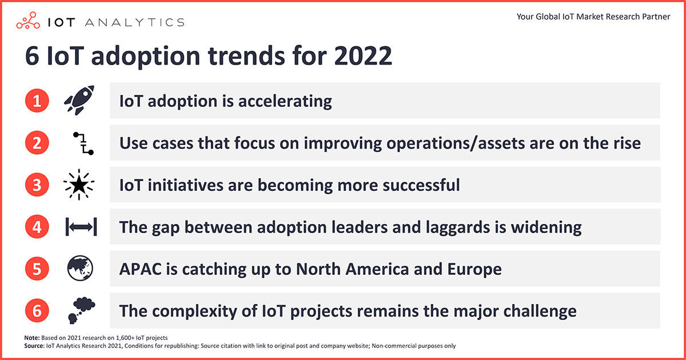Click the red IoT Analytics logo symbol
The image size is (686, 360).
[28, 21]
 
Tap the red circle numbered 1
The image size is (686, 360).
[37, 101]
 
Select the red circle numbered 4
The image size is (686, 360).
[37, 226]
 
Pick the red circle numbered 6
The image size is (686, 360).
[37, 311]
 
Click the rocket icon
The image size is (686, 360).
[79, 100]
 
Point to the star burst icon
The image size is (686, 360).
[79, 185]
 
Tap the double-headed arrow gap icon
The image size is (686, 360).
[81, 227]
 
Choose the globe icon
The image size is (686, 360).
[80, 268]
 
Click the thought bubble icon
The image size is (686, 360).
[81, 310]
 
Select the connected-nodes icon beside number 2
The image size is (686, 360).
[83, 143]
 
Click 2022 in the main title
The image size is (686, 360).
[363, 56]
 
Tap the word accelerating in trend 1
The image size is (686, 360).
[285, 102]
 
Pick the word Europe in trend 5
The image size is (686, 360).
[474, 270]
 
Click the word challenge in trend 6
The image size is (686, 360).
[540, 311]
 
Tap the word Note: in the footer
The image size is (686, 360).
[32, 338]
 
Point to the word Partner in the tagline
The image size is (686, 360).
[656, 17]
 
